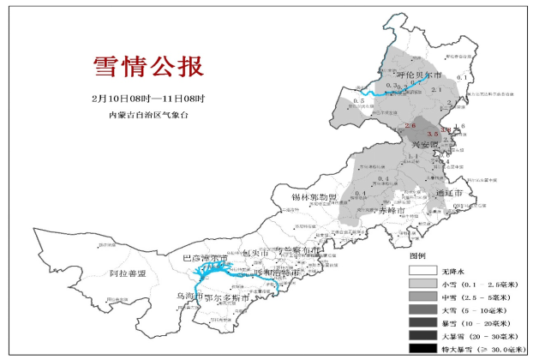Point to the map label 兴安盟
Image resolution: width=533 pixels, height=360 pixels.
click(422, 146)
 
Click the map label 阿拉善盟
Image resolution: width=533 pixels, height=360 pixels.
click(128, 273)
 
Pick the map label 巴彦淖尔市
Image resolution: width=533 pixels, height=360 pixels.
click(207, 258)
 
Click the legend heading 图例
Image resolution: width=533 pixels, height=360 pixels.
click(418, 255)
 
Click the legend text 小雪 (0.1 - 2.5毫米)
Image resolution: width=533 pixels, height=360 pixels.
click(482, 283)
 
